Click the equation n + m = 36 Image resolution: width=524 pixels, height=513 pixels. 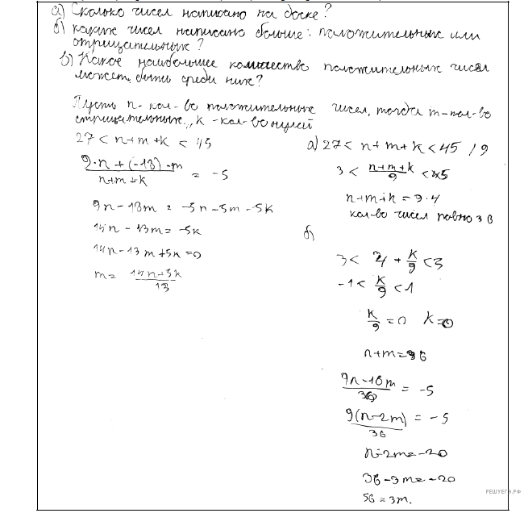(x=385, y=353)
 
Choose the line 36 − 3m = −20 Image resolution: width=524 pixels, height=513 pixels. (x=395, y=478)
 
